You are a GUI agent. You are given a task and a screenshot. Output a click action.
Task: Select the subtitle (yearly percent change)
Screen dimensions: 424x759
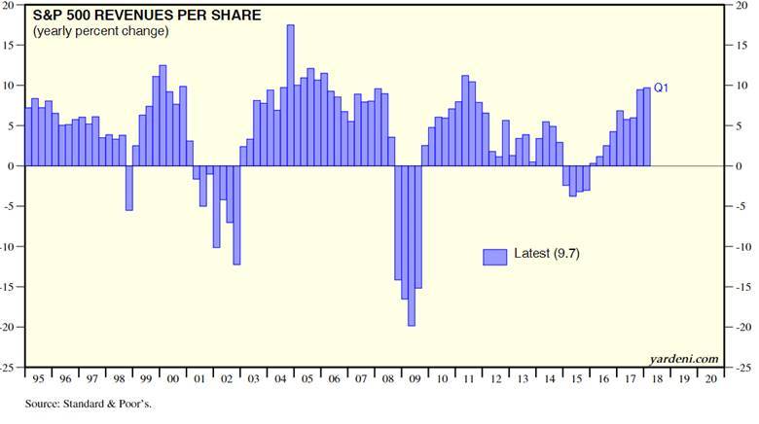tap(100, 31)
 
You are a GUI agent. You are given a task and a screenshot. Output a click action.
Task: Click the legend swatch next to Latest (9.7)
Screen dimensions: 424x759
tap(495, 256)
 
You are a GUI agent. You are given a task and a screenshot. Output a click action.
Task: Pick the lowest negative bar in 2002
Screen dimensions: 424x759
tap(236, 215)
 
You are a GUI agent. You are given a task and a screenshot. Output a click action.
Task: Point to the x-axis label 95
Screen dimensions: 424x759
tap(37, 379)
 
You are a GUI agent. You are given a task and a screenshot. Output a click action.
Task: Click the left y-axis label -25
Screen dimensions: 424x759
tap(12, 368)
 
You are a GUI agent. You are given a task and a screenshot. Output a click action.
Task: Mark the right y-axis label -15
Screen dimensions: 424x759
tap(743, 287)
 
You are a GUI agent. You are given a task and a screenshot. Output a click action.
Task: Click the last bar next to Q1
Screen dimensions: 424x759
tap(647, 126)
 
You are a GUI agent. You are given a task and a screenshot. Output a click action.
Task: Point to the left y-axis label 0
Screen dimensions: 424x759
tap(17, 166)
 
